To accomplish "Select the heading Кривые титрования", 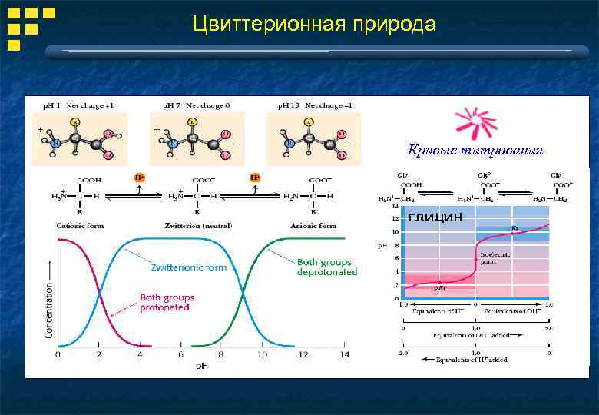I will click(475, 150).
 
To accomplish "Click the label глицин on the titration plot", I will click(435, 217).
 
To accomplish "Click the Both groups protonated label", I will click(167, 302).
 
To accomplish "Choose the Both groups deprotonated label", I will click(326, 266).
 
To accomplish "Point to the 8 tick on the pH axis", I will click(222, 354).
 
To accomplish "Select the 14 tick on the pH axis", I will click(344, 354).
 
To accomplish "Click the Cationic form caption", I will click(81, 226).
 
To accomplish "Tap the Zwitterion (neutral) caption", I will click(198, 226).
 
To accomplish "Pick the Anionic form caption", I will click(313, 226).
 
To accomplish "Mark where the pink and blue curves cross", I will click(99, 292).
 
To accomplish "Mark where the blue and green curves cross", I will click(243, 292).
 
